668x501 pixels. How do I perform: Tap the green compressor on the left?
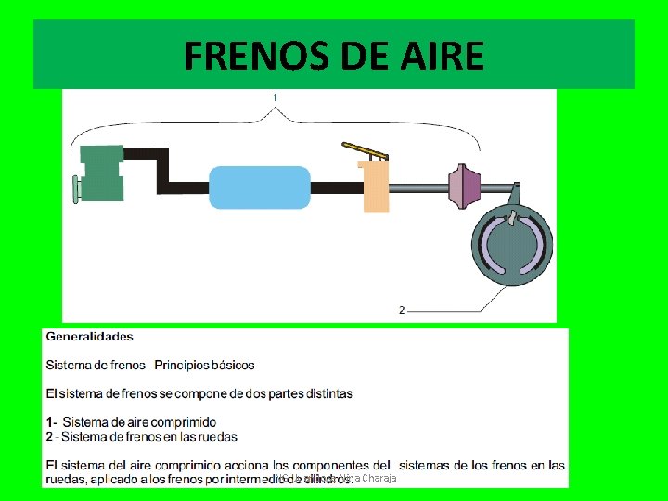point(101,173)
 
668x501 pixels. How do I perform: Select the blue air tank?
point(259,186)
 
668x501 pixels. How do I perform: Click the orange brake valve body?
point(376,186)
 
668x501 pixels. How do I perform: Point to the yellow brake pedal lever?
point(363,148)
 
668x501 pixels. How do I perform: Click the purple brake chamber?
point(463,186)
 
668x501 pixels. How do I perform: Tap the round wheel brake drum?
point(509,244)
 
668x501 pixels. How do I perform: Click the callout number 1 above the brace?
point(275,96)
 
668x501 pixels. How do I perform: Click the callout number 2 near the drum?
point(401,310)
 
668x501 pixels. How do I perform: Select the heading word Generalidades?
point(90,337)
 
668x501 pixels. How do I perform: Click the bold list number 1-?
point(52,422)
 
